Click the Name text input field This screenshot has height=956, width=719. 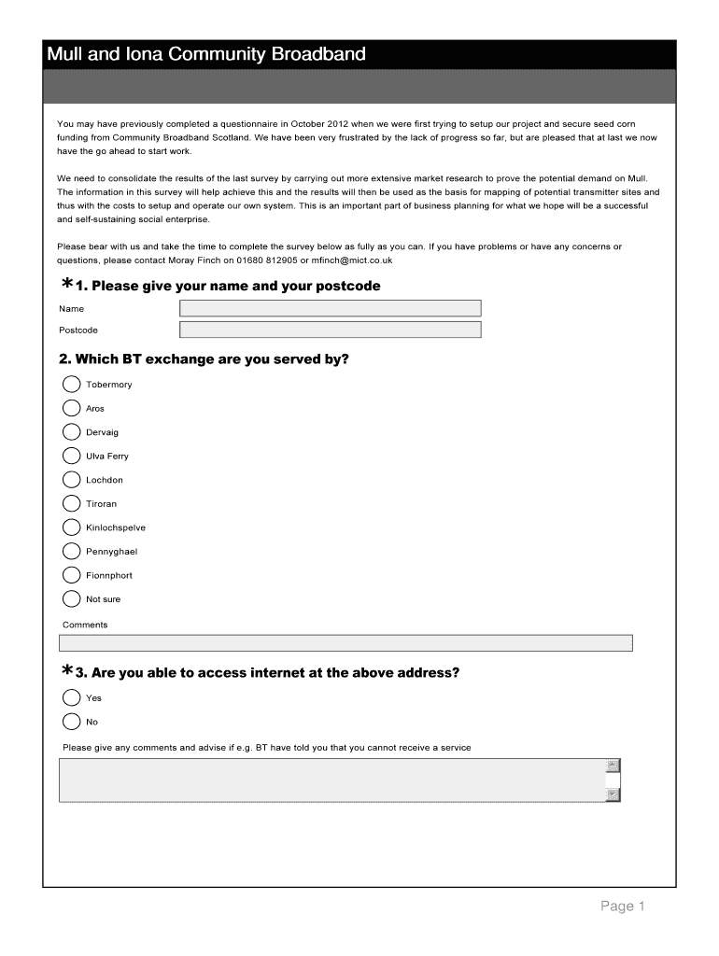[330, 308]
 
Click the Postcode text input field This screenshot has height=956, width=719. [330, 330]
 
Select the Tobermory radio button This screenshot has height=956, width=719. [72, 384]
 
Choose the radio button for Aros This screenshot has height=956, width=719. [72, 408]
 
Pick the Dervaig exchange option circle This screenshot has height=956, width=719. [72, 431]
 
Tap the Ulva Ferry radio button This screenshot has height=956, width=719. [72, 456]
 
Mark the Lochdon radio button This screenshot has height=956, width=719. [72, 480]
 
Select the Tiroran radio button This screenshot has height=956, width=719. [72, 503]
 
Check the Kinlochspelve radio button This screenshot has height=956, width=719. [72, 527]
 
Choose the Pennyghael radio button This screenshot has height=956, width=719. [72, 551]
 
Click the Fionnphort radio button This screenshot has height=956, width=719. [72, 575]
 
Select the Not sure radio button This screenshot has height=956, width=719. [72, 598]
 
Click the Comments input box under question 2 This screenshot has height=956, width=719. [345, 642]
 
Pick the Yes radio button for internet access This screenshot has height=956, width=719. [72, 697]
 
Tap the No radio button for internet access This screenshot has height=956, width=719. [72, 721]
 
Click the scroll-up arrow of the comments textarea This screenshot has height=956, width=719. [613, 766]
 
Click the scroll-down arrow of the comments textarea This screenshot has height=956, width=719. [613, 794]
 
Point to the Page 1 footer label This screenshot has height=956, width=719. [623, 906]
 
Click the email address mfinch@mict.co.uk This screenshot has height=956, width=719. [352, 260]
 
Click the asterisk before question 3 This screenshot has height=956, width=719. [67, 671]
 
